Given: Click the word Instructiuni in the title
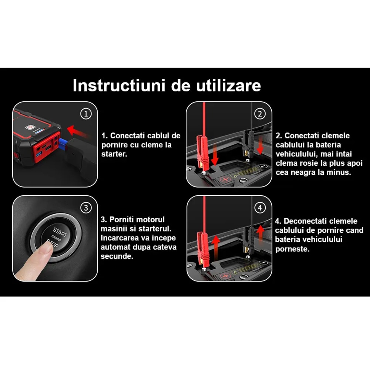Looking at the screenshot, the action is tap(119, 85).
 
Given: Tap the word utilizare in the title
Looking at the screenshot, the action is tap(228, 85).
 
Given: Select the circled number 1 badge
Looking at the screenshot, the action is tap(86, 114).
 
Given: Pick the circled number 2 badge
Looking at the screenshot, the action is tap(260, 114).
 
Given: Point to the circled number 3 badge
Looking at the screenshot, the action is tap(86, 208).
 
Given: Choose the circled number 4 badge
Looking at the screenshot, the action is tap(260, 208).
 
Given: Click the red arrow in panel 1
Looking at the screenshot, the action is tap(78, 131).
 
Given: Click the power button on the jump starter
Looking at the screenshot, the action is tap(30, 127).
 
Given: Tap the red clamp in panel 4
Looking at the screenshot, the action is tap(203, 249).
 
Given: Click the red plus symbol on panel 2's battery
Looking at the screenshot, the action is tap(225, 179).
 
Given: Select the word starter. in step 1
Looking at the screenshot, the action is tap(114, 154).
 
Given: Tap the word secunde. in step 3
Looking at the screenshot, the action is tap(117, 256).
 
